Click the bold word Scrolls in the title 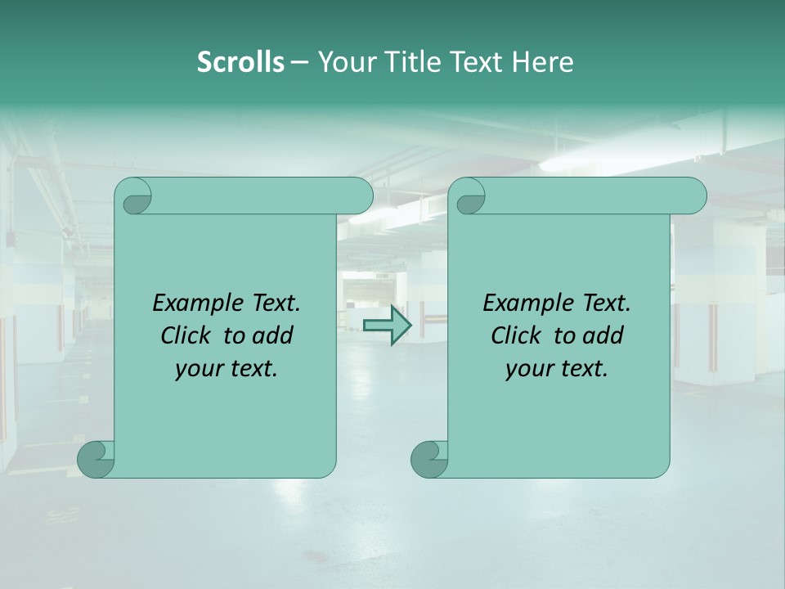[240, 62]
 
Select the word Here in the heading [542, 62]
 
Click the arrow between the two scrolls [387, 326]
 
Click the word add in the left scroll [271, 336]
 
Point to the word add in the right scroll [602, 336]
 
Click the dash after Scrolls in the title [299, 62]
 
